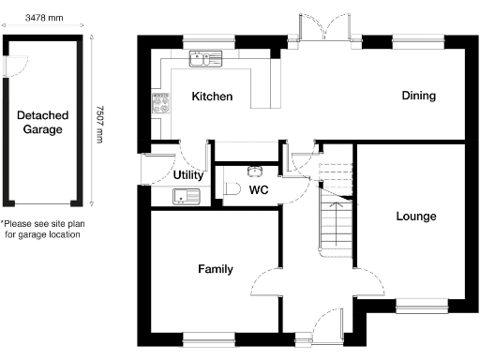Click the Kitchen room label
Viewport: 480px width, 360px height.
212,97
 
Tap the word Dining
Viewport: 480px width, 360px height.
418,96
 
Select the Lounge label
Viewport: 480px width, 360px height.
415,217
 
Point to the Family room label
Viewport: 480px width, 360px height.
215,269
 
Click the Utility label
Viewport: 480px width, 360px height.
189,175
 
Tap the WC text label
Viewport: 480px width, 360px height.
260,190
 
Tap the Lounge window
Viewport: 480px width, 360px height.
421,304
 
